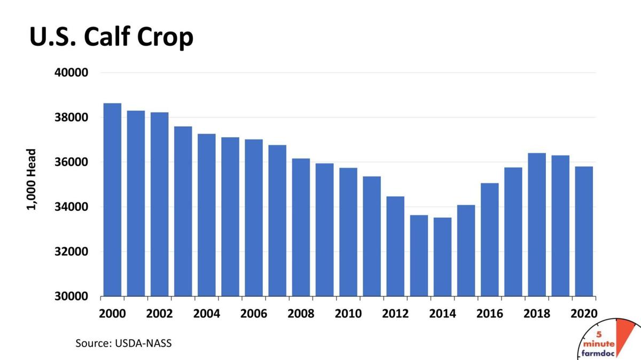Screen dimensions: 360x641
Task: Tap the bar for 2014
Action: coord(442,256)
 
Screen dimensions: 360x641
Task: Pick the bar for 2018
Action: coord(537,224)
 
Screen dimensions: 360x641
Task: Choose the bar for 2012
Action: coord(395,246)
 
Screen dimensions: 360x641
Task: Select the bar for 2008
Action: coord(301,227)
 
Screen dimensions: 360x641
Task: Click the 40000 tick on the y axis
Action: coord(72,73)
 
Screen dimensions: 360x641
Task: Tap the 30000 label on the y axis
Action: coord(72,296)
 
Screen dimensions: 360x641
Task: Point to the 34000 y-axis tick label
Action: coord(72,207)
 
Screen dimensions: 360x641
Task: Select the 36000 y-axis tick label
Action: coord(72,162)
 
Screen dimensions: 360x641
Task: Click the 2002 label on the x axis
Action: coord(159,313)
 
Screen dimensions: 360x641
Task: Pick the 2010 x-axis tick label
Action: coord(348,313)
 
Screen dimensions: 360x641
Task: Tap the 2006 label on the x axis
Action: coord(254,313)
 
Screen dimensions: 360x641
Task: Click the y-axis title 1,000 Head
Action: coord(31,179)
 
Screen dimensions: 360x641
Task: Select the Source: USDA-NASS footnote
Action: coord(123,343)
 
